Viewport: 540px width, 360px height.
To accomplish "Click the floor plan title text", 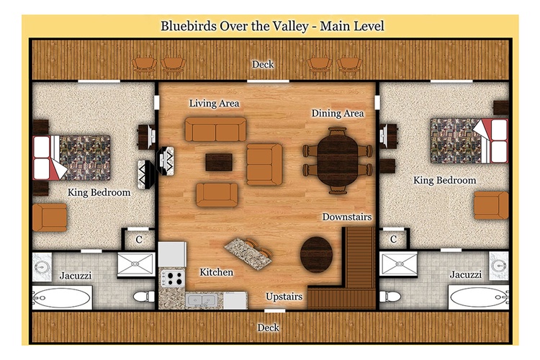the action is (272, 26).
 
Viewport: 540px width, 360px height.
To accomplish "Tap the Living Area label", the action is (214, 104).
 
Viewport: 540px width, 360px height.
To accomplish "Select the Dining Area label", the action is (338, 113).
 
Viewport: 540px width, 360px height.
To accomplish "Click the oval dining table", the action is (338, 161).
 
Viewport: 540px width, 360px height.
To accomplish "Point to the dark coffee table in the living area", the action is (219, 162).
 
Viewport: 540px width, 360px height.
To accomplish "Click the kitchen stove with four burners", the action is (174, 279).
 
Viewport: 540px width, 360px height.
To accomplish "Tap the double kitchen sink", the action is (201, 300).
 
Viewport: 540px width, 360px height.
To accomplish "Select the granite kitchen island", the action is (248, 253).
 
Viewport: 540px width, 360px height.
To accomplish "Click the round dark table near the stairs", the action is (317, 255).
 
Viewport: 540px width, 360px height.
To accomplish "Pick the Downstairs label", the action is (347, 217).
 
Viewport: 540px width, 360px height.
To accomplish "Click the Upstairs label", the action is (284, 297).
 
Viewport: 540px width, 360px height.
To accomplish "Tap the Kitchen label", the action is (216, 272).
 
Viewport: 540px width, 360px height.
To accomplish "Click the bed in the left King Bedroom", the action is (71, 158).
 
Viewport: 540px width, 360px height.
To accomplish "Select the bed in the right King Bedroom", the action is (469, 140).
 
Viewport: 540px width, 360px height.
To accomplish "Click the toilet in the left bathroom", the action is (144, 296).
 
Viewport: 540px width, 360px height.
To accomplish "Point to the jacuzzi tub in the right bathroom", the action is (479, 297).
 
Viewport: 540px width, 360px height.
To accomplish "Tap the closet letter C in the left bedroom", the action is (139, 240).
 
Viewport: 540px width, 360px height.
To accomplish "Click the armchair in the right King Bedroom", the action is (491, 205).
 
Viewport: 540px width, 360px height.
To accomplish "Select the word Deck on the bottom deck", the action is (269, 328).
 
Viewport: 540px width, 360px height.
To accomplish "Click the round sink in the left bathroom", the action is (42, 266).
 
